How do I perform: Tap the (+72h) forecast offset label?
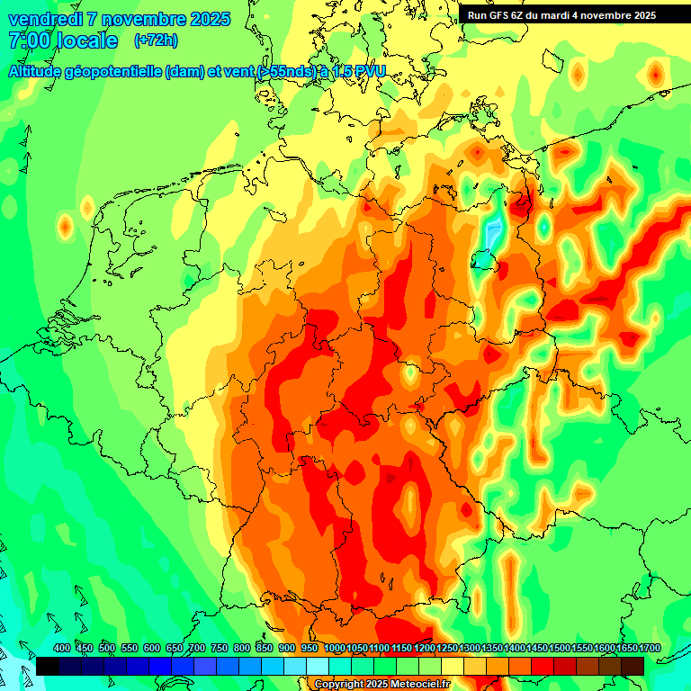[x=156, y=40]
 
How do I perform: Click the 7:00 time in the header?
[x=26, y=40]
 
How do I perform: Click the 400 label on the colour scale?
[x=62, y=648]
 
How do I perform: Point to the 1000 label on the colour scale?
[x=335, y=648]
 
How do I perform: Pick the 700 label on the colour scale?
[x=197, y=648]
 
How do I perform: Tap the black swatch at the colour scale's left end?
[x=48, y=666]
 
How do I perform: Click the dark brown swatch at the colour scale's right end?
[x=633, y=666]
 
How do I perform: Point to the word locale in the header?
[x=87, y=40]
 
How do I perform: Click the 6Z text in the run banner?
[x=522, y=15]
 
